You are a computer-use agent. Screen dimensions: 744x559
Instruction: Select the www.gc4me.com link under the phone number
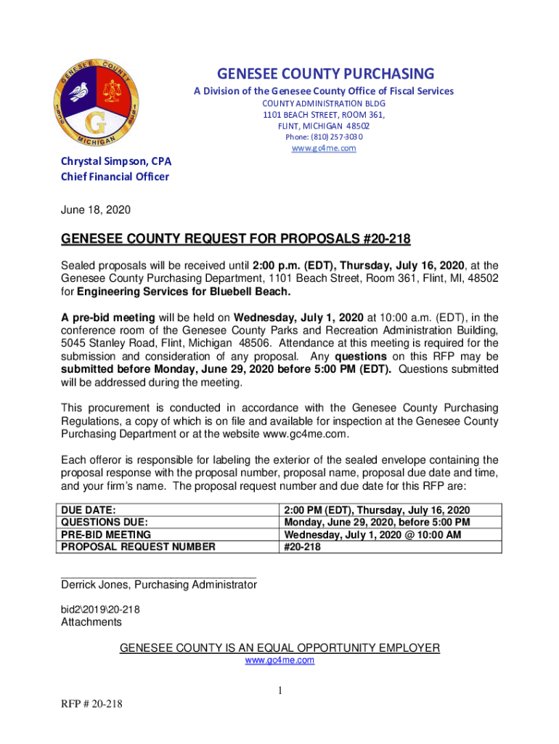point(324,148)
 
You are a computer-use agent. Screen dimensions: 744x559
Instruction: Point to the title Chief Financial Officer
point(115,177)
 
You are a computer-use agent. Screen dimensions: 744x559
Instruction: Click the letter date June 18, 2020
point(95,210)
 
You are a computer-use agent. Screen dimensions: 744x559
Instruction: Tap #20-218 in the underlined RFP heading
point(389,239)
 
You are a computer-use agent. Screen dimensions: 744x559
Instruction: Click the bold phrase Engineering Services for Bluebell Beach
point(184,292)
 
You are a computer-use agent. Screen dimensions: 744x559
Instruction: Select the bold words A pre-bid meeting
point(107,317)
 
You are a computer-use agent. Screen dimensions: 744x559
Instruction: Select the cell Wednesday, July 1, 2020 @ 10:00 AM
point(373,535)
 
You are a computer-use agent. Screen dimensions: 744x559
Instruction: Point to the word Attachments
point(91,622)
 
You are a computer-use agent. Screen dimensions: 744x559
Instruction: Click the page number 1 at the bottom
point(279,690)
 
